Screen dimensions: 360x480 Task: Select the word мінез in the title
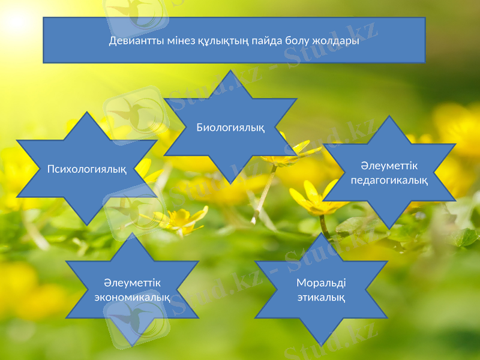pos(176,41)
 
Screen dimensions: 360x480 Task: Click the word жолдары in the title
pos(335,41)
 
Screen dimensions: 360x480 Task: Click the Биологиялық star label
pos(230,127)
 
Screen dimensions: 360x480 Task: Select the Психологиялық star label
pos(87,169)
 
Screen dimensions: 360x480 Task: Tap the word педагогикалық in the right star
pos(389,180)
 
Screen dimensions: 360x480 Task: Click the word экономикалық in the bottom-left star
pos(132,296)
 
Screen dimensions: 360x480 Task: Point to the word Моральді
pos(322,283)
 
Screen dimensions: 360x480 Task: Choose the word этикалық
pos(321,297)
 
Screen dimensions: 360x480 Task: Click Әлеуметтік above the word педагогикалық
pos(389,166)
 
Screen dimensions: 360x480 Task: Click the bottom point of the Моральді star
pos(321,345)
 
